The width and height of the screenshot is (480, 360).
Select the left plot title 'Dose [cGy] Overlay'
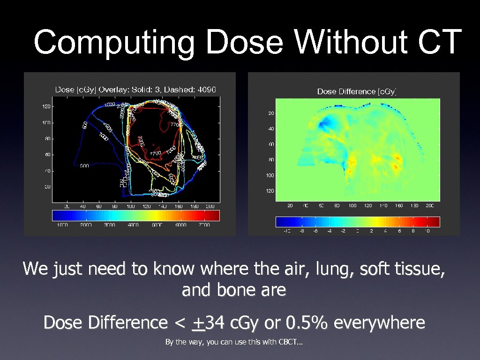pyautogui.click(x=93, y=89)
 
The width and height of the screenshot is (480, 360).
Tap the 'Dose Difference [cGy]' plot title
pyautogui.click(x=357, y=91)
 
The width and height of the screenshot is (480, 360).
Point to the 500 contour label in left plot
pyautogui.click(x=84, y=165)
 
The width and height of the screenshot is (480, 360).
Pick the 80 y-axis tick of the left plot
pyautogui.click(x=47, y=139)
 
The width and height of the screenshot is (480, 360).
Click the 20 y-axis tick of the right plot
pyautogui.click(x=271, y=113)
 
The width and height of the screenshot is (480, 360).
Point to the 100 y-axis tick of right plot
pyautogui.click(x=270, y=175)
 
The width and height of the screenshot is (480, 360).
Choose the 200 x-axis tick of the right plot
pyautogui.click(x=430, y=206)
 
